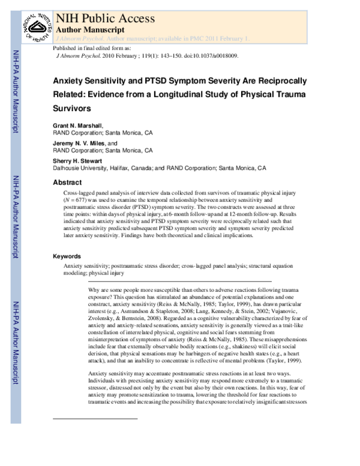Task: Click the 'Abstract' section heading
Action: (67, 183)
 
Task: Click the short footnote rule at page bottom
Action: (95, 435)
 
